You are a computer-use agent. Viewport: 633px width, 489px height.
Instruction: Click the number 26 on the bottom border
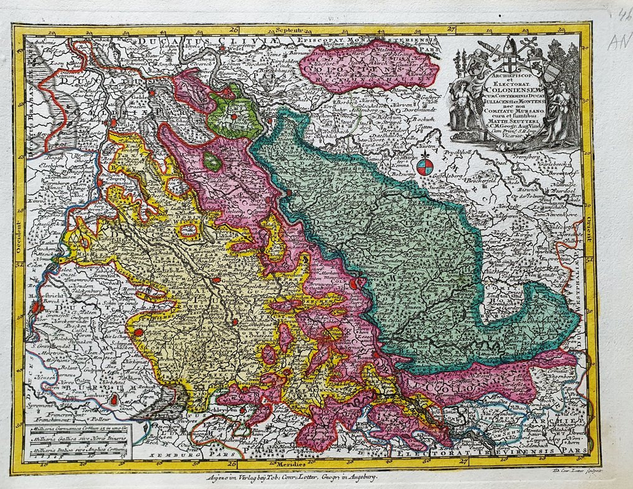pyautogui.click(x=232, y=464)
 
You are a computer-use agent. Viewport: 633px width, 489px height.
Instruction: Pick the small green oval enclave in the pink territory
pyautogui.click(x=213, y=162)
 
